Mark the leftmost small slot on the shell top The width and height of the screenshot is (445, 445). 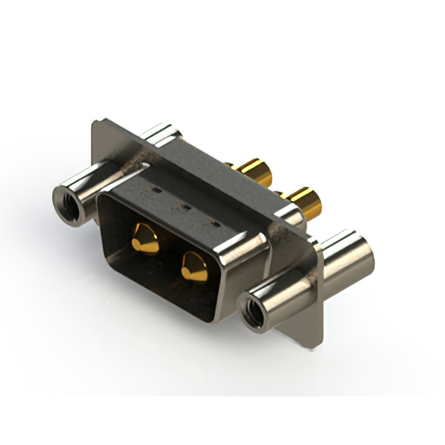pyautogui.click(x=158, y=188)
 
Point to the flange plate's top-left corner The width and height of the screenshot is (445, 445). pyautogui.click(x=96, y=124)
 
